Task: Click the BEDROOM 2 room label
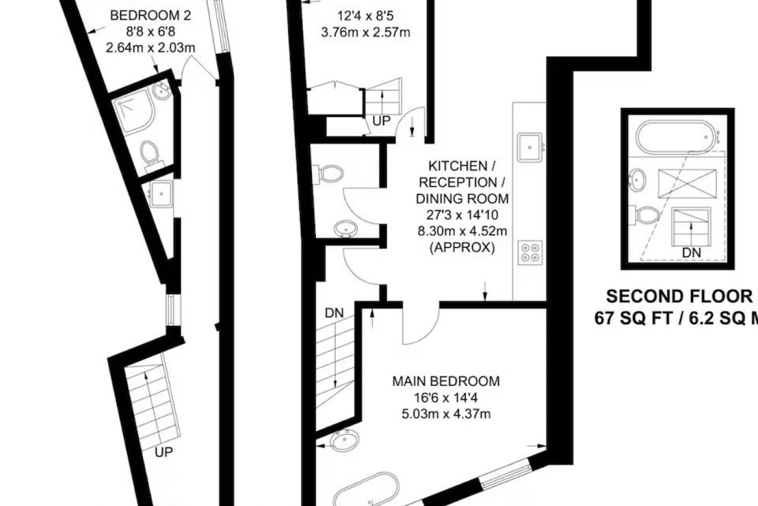pos(150,16)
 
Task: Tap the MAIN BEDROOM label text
pos(446,381)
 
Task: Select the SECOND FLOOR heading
pos(679,297)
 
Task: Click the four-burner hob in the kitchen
pos(530,253)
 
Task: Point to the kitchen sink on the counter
pos(530,147)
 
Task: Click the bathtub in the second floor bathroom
pos(676,137)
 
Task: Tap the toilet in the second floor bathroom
pos(647,215)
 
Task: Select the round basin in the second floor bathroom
pos(637,180)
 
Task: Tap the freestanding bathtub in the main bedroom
pos(366,491)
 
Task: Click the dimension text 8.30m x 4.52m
pos(462,231)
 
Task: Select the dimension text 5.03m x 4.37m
pos(446,414)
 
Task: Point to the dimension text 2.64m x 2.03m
pos(150,47)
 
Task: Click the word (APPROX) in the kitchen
pos(462,248)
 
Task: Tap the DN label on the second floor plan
pos(691,253)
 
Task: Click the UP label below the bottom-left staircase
pos(164,452)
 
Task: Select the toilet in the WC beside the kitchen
pos(328,174)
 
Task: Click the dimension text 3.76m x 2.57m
pos(366,32)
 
